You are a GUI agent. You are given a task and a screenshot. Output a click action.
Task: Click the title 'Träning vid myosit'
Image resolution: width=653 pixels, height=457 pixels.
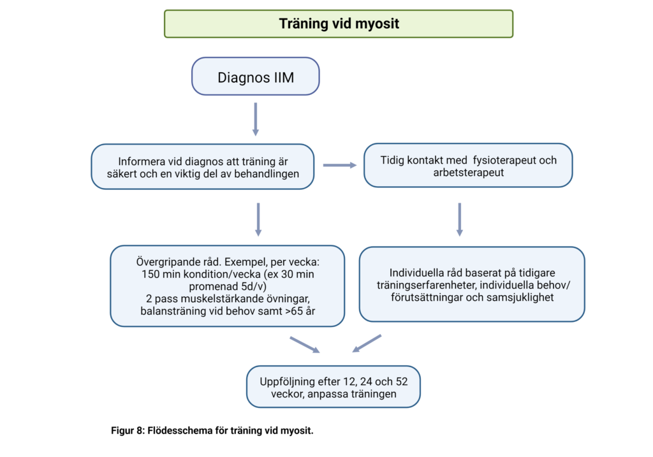point(339,24)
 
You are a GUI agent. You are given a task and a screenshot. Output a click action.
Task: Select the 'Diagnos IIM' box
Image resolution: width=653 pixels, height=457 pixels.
point(255,77)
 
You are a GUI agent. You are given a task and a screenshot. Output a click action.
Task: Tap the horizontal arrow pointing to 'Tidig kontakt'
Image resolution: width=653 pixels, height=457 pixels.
point(339,166)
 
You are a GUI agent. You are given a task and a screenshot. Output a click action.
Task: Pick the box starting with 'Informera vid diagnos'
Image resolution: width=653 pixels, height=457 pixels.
point(203,166)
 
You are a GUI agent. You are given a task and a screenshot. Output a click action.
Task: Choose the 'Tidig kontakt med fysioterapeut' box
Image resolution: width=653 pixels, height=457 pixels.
point(467,166)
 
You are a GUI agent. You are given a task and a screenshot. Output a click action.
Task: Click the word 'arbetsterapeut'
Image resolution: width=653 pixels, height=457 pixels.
point(468,172)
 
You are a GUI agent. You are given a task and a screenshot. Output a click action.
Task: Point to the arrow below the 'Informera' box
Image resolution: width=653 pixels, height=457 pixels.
point(258,219)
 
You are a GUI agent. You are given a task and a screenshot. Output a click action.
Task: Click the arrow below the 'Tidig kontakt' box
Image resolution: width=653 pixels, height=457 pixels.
point(459,219)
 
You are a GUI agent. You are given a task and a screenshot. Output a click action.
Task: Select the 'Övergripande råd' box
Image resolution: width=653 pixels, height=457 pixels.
point(227,286)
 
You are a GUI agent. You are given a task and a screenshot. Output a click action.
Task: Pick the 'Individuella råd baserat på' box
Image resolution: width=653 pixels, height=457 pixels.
point(472,284)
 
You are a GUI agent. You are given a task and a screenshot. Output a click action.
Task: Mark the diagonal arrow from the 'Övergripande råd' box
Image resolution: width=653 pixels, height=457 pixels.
point(304,344)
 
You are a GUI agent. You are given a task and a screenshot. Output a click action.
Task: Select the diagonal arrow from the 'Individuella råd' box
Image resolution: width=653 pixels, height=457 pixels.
point(367,344)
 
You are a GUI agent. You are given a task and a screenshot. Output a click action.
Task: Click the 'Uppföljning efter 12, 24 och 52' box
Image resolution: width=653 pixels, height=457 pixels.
point(333,387)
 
